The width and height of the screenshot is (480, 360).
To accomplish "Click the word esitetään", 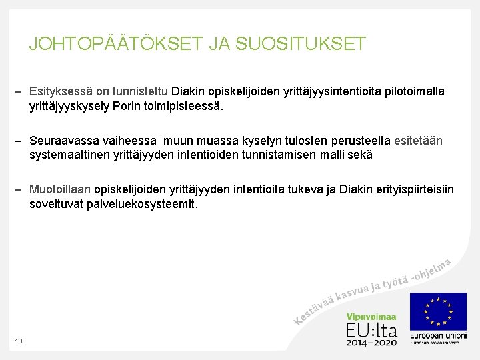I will [x=418, y=141].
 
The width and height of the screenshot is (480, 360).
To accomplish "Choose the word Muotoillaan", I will [x=60, y=190].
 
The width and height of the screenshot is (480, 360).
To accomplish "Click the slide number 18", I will [x=19, y=341].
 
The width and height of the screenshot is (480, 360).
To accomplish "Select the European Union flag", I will [x=438, y=311].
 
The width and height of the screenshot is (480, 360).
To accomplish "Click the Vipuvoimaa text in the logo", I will [x=371, y=318].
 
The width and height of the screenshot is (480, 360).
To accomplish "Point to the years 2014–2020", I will [x=371, y=342].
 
